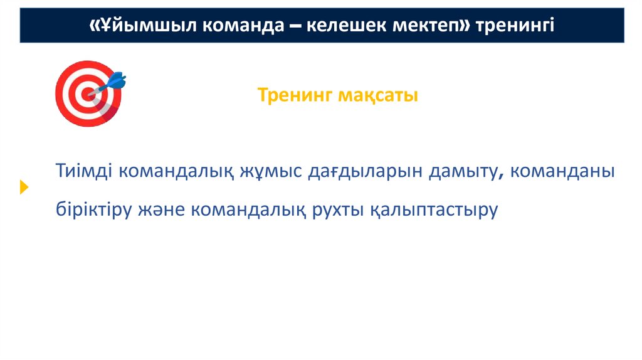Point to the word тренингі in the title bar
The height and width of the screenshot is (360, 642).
coord(515,26)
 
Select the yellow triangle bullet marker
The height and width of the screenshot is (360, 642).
coord(24,187)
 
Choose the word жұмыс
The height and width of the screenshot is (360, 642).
coord(270,171)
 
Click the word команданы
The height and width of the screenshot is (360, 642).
coord(562,171)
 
